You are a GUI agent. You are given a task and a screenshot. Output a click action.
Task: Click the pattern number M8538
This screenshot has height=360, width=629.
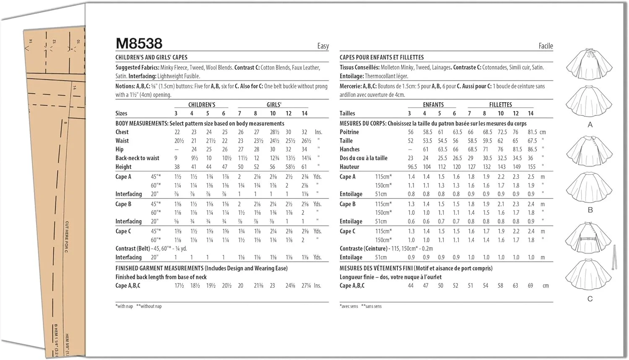click(x=139, y=43)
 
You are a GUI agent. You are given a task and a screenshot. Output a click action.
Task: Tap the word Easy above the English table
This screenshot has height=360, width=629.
click(x=323, y=46)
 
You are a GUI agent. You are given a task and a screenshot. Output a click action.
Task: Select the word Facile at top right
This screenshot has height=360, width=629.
click(x=546, y=46)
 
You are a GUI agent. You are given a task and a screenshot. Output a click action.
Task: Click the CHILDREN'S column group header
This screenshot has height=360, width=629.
click(x=202, y=105)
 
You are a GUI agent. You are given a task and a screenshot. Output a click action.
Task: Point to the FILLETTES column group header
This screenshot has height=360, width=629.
click(x=500, y=105)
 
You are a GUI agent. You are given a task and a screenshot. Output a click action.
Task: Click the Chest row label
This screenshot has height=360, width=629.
click(x=122, y=132)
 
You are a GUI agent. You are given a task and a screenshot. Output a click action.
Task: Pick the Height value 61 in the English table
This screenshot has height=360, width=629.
click(x=304, y=167)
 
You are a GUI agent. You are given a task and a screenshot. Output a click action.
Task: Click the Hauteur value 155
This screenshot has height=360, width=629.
click(x=532, y=167)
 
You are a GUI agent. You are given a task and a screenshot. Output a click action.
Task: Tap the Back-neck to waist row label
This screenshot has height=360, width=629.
click(x=137, y=158)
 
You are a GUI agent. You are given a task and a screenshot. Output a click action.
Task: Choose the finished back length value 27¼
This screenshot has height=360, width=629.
click(x=306, y=286)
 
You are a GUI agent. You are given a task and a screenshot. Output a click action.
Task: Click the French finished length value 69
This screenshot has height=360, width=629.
click(x=530, y=286)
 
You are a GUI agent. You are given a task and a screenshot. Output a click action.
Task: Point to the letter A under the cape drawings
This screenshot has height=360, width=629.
click(x=590, y=125)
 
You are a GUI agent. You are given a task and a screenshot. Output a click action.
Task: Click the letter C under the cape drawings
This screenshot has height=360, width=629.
click(x=590, y=299)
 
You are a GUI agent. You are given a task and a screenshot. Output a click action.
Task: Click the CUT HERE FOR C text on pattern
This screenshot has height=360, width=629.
click(x=67, y=237)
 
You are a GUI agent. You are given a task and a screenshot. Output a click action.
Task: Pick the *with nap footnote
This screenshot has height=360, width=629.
click(x=124, y=306)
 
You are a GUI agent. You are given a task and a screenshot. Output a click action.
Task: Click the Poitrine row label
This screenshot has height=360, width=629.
click(x=349, y=132)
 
